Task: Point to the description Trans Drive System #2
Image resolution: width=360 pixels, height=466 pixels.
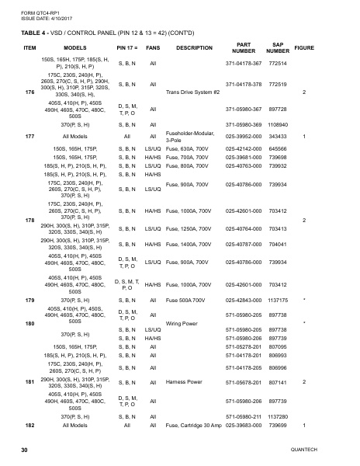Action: pos(193,92)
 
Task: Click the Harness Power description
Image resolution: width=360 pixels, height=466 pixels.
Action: pos(184,382)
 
